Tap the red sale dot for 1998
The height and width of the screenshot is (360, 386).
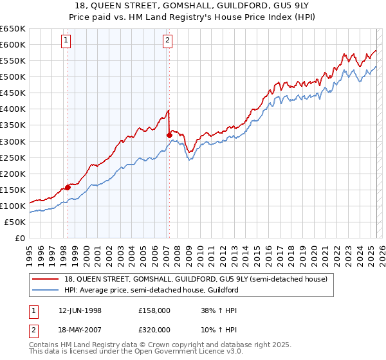[68, 187]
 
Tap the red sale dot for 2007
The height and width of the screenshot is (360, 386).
[169, 135]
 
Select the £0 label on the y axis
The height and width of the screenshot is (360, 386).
[20, 238]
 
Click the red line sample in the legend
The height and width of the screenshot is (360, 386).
[45, 279]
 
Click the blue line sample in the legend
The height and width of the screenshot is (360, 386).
[45, 290]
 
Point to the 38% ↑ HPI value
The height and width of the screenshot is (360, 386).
[218, 310]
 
